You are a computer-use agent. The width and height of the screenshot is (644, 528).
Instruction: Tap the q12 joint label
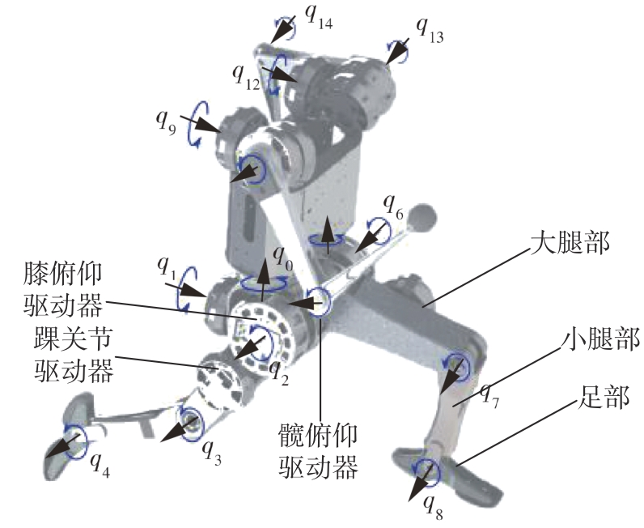tap(247, 75)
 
